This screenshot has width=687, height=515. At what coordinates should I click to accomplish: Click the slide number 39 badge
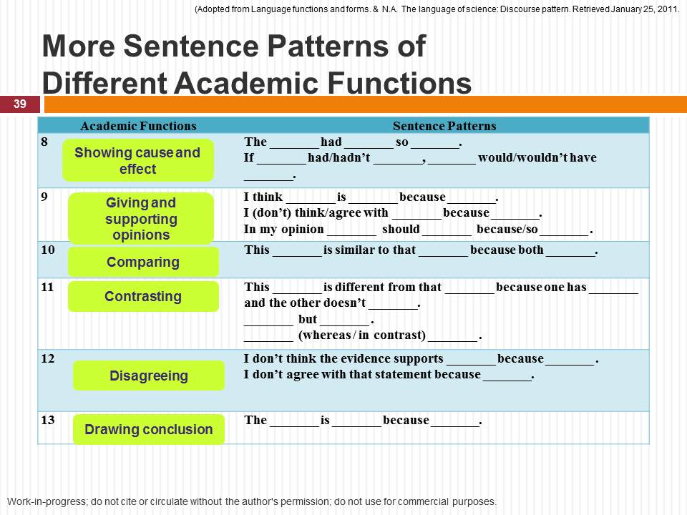click(19, 104)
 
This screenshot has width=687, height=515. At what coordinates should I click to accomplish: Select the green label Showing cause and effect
click(137, 160)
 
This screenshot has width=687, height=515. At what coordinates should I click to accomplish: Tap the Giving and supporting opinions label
click(141, 219)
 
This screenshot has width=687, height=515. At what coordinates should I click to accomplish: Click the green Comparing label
click(143, 262)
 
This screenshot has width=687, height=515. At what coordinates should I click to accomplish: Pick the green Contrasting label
click(143, 296)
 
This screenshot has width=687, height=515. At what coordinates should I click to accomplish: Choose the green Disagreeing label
click(149, 376)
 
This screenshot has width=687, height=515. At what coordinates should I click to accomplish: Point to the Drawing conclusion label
click(149, 429)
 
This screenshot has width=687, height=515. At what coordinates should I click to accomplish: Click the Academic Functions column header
click(138, 126)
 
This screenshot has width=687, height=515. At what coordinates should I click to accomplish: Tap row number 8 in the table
click(44, 142)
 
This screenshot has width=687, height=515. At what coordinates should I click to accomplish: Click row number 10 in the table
click(48, 250)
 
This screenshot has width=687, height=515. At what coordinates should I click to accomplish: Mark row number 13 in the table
click(48, 420)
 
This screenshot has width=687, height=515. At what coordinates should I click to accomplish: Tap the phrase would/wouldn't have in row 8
click(537, 157)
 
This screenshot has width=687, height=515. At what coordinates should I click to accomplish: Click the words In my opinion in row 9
click(283, 230)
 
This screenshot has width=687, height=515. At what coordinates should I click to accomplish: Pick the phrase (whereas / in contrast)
click(361, 335)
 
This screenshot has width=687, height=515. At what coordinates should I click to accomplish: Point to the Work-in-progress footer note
click(251, 501)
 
